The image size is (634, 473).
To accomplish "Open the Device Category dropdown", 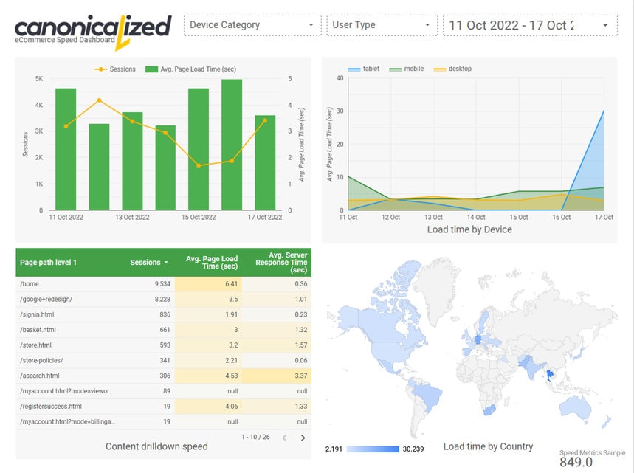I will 252,25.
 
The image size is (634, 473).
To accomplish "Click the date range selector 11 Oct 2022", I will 529,25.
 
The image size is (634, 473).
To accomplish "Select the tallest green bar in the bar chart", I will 232,145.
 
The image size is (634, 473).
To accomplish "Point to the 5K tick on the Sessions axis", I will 38,78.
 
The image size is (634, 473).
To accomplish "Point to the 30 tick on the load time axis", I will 340,111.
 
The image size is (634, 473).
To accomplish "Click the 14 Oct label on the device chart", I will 475,218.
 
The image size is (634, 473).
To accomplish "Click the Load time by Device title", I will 469,229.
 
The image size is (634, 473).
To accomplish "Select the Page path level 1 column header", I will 49,263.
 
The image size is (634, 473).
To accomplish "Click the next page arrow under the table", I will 303,438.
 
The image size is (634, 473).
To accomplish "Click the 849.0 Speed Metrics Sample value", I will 576,462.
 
